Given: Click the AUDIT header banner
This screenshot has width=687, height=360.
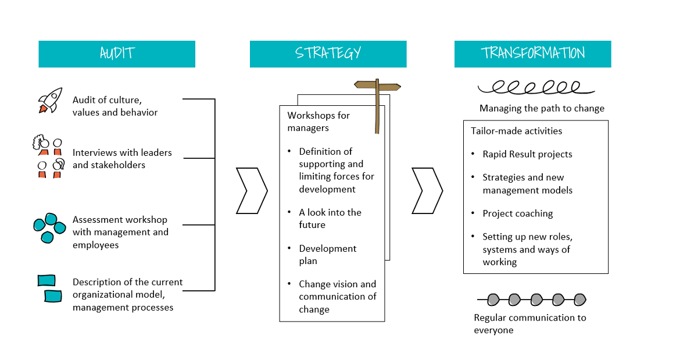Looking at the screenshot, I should [117, 54].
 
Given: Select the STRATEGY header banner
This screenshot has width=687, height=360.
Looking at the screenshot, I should [328, 54].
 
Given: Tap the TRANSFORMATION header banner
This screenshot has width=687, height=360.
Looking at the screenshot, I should [532, 54].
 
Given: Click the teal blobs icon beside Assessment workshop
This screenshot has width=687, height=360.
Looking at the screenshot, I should [49, 227].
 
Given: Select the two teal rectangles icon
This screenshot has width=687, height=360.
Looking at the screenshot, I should [49, 288].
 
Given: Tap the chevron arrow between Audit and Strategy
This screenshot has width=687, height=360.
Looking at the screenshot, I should [252, 191].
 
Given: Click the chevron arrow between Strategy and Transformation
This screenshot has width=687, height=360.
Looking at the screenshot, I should [427, 191].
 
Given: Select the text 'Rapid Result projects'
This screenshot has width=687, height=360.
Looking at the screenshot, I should [527, 154].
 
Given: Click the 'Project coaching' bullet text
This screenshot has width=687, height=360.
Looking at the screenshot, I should [517, 213].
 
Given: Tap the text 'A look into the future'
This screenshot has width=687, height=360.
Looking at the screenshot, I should [330, 219].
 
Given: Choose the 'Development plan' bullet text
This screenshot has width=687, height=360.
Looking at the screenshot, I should [328, 255].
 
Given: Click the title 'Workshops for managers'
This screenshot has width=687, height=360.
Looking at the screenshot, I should [319, 122].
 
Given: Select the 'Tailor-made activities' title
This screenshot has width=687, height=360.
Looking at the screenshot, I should [516, 131].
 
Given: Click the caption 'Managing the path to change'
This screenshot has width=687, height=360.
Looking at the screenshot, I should [542, 108].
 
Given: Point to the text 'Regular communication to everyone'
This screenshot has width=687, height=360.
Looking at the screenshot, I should [529, 324].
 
